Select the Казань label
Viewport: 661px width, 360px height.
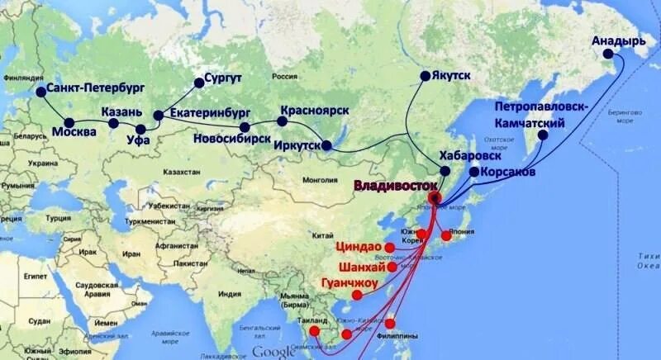tap(124, 111)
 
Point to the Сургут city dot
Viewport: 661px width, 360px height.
tap(198, 82)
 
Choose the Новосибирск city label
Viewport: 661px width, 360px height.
tap(231, 139)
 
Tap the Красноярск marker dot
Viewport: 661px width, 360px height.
tap(283, 121)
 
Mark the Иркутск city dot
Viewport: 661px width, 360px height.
tap(326, 146)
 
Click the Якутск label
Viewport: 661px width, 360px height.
tap(451, 75)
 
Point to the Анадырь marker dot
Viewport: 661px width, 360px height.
tap(609, 54)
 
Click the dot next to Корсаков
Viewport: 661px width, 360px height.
tap(473, 173)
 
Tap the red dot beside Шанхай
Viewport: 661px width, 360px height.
tap(392, 268)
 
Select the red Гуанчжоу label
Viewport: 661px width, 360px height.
tap(350, 283)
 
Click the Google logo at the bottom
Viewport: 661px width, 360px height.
tap(273, 352)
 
